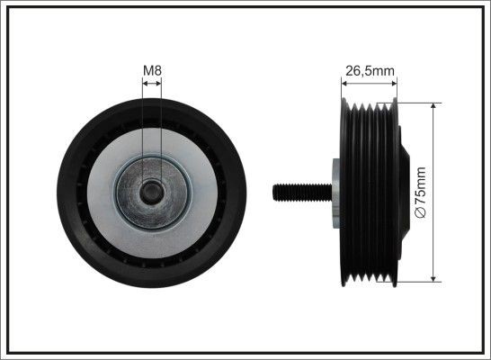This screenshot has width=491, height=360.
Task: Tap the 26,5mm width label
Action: point(370,68)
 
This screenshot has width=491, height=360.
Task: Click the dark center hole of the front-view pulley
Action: point(151,191)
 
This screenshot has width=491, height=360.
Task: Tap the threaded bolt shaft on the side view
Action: point(302,191)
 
